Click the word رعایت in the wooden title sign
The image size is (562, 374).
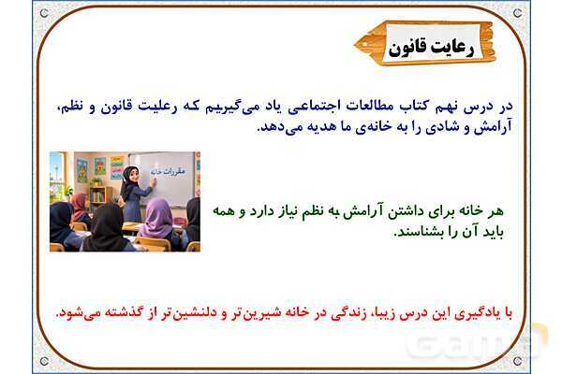point(451,48)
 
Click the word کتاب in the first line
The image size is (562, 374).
point(406,106)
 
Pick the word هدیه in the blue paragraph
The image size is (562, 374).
point(319,127)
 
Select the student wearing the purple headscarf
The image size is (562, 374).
point(157,220)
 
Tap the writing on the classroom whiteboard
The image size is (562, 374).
point(168,171)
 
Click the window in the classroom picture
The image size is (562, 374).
point(57,176)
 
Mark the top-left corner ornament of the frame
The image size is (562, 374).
point(44,13)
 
